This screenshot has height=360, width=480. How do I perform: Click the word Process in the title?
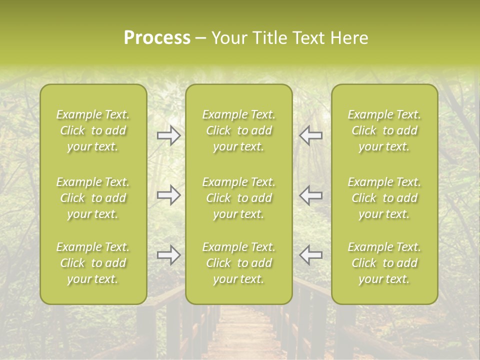(157, 38)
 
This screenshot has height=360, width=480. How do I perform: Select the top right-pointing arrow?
(169, 135)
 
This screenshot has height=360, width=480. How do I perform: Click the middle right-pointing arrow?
(169, 195)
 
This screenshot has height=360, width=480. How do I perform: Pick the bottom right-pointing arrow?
(169, 255)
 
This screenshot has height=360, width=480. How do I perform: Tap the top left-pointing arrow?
(310, 135)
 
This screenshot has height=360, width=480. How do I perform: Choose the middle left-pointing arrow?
(310, 195)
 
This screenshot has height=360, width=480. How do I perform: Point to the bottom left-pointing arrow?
(310, 255)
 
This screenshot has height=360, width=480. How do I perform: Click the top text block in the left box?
(93, 130)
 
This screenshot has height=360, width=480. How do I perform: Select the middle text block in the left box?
(93, 198)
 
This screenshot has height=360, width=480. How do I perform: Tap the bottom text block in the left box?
(93, 263)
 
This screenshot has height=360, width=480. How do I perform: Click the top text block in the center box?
(239, 130)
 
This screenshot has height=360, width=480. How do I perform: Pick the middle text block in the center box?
(239, 198)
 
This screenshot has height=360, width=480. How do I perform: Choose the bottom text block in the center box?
(239, 263)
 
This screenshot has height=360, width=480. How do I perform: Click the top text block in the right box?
(384, 130)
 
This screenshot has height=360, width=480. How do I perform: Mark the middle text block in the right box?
(384, 198)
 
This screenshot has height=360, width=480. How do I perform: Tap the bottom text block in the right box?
(384, 263)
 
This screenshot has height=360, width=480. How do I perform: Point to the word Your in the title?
(227, 38)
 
